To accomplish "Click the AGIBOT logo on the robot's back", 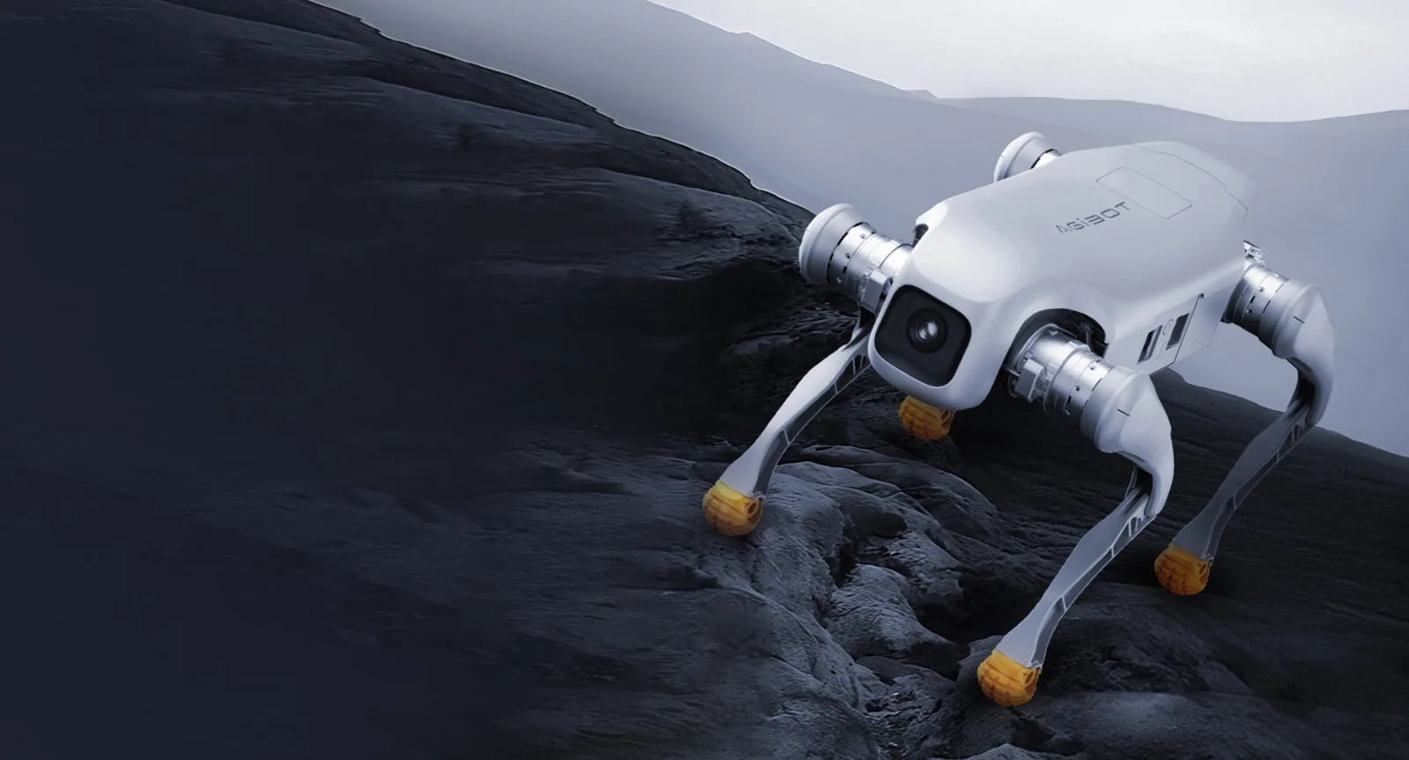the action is [x=1093, y=217].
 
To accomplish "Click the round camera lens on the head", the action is [x=926, y=329].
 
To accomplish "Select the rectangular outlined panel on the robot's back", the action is [x=1144, y=193].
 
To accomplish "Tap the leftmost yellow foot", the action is [x=731, y=508].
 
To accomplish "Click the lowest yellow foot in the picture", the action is [x=1007, y=677].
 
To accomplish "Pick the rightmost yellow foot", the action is [x=1182, y=570].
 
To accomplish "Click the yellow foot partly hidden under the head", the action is [x=926, y=417].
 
